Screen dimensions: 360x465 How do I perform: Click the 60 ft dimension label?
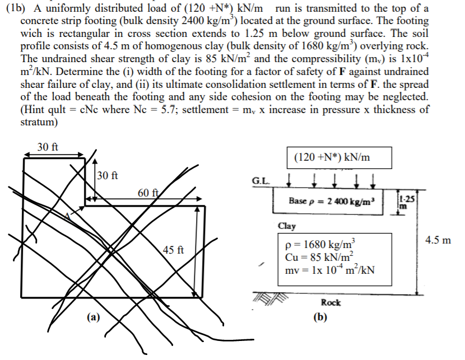tap(149, 193)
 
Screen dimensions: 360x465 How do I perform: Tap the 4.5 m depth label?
tap(438, 240)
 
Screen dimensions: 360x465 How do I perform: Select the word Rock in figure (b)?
tap(331, 302)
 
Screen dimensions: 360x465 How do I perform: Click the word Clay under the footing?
tap(286, 226)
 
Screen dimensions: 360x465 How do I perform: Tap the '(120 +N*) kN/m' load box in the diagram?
tap(332, 158)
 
